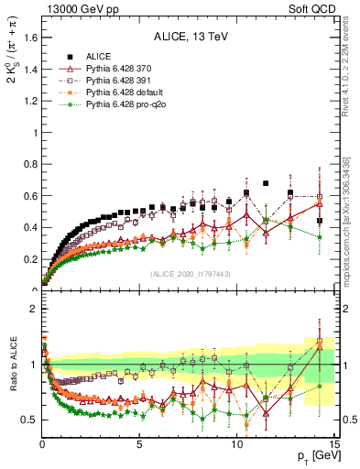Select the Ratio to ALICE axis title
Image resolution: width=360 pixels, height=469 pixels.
(x=11, y=365)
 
